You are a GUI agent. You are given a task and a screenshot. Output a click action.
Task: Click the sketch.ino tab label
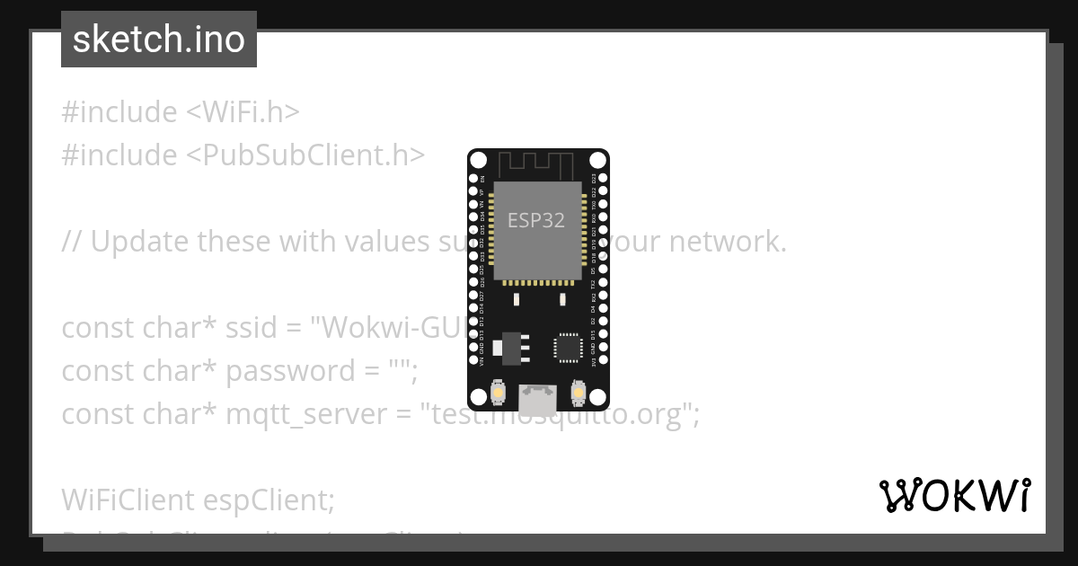click(159, 40)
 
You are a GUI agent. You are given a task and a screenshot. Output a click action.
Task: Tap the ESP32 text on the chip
click(536, 220)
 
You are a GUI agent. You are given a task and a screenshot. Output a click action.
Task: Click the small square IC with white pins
click(568, 348)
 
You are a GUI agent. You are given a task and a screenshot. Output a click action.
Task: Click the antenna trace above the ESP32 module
click(537, 164)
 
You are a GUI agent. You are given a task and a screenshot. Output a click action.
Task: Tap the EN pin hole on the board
click(473, 179)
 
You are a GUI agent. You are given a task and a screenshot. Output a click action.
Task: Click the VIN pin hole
click(473, 362)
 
